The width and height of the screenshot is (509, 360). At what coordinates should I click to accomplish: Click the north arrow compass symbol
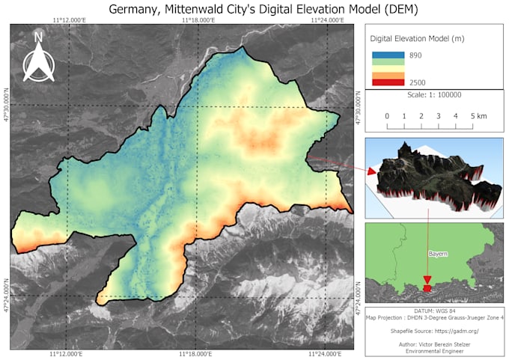point(38,57)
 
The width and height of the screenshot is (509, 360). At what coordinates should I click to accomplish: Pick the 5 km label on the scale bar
point(478,116)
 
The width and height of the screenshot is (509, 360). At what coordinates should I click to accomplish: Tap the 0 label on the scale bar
point(387,116)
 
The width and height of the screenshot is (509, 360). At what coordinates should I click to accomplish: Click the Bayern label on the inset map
point(438,254)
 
